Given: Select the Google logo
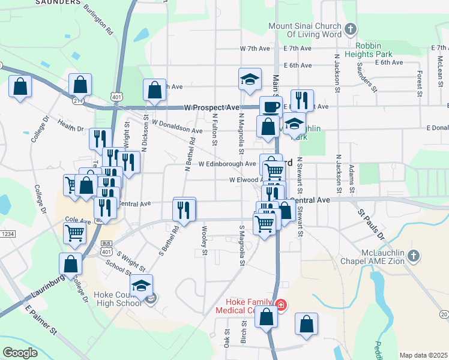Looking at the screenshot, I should coord(20,353).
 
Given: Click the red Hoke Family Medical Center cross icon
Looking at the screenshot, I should coord(280,305).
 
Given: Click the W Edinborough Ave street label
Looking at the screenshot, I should coord(227,164).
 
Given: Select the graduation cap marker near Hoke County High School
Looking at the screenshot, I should coord(141,286).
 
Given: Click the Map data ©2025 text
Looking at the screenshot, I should coord(423,355).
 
